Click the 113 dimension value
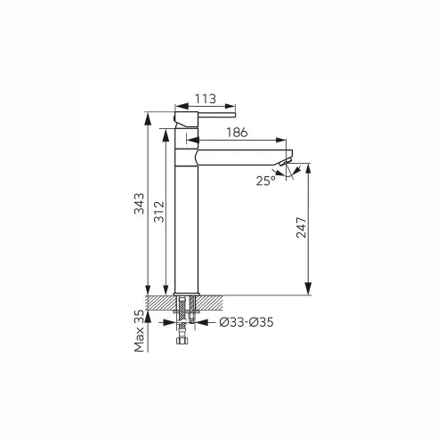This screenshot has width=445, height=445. point(206,99)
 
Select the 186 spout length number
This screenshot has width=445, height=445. point(237,133)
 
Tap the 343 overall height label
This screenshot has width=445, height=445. point(140,204)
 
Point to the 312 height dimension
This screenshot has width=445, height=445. point(159,212)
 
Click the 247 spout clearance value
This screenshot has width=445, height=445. point(301,227)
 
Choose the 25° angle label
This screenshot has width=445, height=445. point(266,181)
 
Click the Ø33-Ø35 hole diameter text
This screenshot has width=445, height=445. point(247,322)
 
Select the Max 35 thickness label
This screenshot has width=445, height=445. point(140,331)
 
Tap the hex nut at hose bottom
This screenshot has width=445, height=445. point(182,341)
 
